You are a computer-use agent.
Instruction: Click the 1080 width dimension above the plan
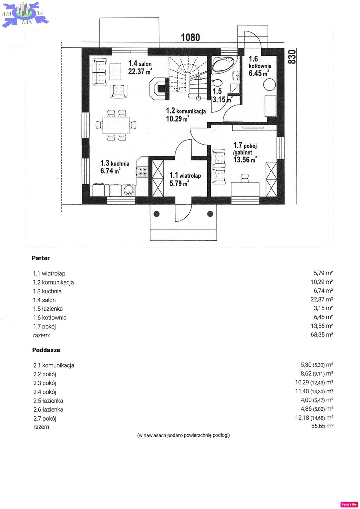(190, 37)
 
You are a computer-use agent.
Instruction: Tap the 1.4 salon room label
(140, 67)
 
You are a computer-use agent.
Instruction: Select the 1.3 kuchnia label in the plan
(115, 167)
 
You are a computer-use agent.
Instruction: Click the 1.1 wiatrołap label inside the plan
(184, 179)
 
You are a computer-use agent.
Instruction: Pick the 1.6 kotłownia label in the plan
(260, 66)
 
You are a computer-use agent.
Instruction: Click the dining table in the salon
(116, 125)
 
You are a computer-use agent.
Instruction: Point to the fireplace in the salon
(159, 87)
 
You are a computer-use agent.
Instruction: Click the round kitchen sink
(129, 190)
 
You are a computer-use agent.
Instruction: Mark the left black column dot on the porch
(157, 214)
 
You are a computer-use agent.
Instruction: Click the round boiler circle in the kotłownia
(269, 85)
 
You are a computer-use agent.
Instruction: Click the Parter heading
(41, 258)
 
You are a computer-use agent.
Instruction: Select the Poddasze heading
(46, 350)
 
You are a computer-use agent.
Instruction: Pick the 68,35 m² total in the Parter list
(322, 335)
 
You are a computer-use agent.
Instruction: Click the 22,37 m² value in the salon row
(322, 299)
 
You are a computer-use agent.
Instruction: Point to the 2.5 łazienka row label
(48, 401)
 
